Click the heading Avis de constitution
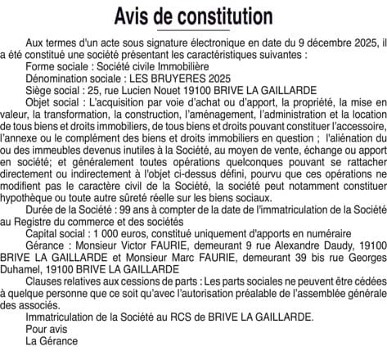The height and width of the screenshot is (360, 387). click(x=193, y=16)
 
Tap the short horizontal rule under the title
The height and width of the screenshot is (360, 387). click(x=193, y=30)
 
